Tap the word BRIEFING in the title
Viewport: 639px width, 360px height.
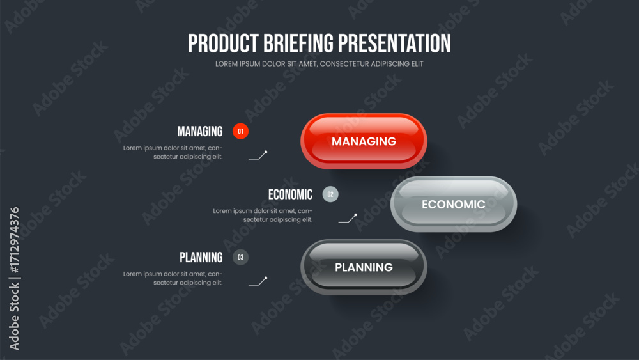298,43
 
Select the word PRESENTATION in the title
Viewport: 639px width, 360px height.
394,43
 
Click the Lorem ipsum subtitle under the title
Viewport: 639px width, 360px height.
319,63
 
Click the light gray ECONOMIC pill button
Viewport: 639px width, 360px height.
454,204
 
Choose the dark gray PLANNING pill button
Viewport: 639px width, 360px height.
364,267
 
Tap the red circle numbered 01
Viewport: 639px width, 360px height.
240,131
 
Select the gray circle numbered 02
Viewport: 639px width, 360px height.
330,194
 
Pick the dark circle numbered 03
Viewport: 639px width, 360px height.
240,257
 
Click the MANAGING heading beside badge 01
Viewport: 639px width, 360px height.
199,131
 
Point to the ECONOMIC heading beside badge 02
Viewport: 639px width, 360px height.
290,194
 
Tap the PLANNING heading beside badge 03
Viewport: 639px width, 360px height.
201,257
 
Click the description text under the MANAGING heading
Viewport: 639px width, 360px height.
173,152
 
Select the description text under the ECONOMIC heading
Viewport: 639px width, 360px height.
263,215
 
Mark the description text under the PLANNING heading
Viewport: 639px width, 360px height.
173,278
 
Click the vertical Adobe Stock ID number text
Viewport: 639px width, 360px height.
14,240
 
